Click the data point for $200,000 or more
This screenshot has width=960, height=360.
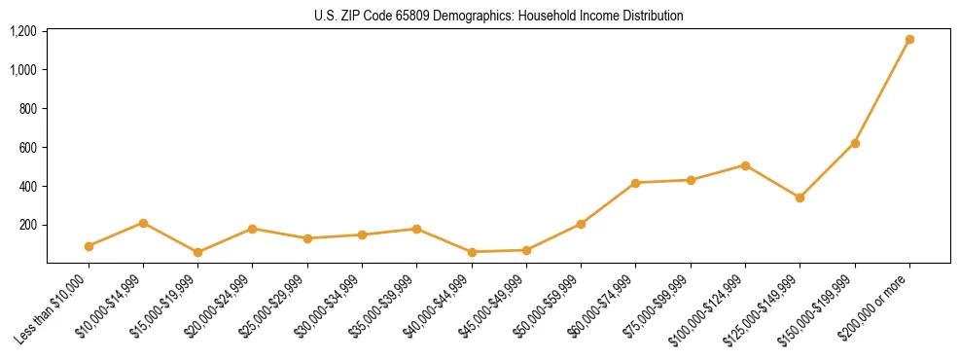(909, 40)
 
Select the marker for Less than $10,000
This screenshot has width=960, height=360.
(89, 246)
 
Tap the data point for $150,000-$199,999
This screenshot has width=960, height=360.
(855, 143)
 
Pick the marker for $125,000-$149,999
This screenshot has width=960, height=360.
(800, 198)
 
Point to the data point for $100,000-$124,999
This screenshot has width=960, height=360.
(745, 165)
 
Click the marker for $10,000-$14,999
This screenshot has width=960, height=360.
(143, 223)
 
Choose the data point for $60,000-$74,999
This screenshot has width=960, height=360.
(635, 183)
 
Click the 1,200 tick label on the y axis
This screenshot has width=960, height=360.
(22, 31)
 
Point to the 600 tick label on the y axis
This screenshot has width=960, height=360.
(28, 148)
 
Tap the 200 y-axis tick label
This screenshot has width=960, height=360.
(28, 225)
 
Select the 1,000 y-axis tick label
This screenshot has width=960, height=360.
(22, 70)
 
